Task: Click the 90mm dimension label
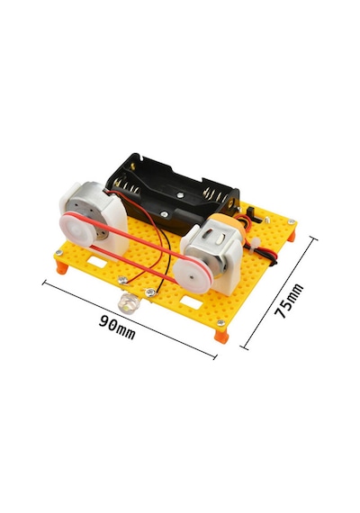117,328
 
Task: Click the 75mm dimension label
289,301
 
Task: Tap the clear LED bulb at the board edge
128,303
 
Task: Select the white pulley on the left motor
76,229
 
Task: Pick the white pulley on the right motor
193,275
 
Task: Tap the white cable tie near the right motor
255,245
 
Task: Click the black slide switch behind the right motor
255,214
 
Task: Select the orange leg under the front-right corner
221,336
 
